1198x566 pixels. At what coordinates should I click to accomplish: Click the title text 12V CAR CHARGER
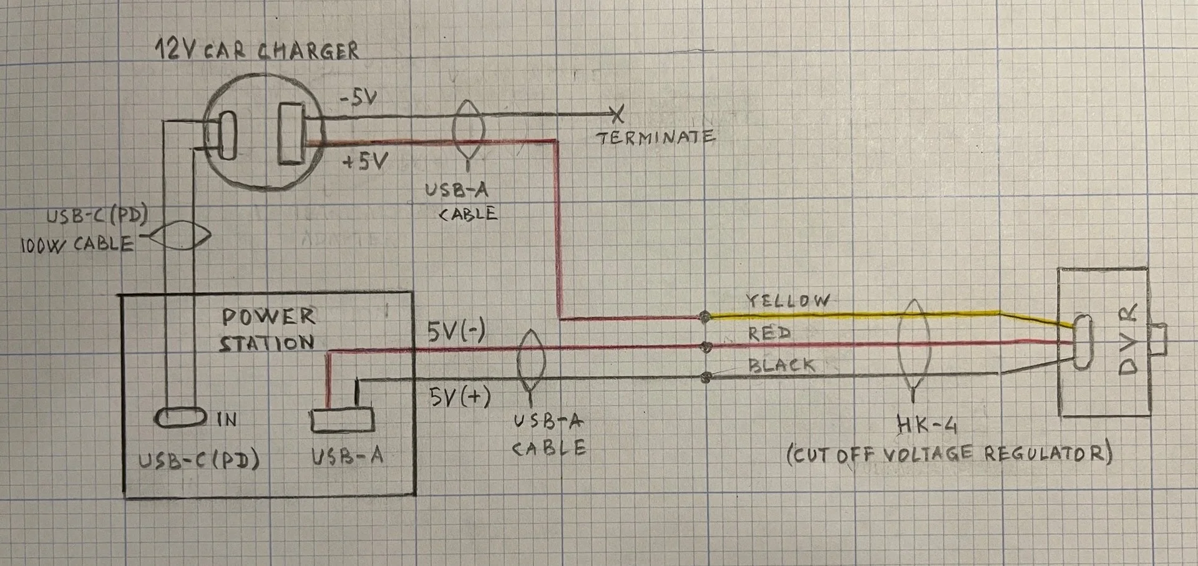(x=257, y=49)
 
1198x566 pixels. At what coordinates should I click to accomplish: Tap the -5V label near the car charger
(x=358, y=98)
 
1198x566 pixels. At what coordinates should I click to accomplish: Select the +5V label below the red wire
(x=365, y=162)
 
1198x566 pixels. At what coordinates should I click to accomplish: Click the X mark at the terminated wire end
(x=617, y=114)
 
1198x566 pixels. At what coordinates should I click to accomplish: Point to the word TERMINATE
(x=656, y=137)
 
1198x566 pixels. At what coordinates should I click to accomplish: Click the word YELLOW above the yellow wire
(x=789, y=301)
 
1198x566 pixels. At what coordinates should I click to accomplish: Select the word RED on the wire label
(x=770, y=333)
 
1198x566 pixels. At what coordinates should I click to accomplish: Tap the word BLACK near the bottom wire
(x=782, y=364)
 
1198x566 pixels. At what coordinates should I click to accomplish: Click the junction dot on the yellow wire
(x=705, y=317)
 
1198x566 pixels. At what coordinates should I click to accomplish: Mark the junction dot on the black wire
(x=706, y=377)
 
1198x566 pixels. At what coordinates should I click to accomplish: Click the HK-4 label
(x=927, y=425)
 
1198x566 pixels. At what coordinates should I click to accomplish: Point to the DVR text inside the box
(x=1128, y=339)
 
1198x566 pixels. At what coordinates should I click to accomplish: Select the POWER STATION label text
(x=268, y=329)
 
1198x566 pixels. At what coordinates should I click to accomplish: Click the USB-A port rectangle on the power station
(x=343, y=419)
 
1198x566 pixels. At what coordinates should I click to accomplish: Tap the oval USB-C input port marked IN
(x=181, y=417)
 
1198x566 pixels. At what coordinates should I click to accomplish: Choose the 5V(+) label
(x=460, y=397)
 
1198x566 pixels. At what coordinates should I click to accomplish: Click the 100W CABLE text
(x=77, y=244)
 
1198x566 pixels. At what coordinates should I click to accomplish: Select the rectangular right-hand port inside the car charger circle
(x=291, y=134)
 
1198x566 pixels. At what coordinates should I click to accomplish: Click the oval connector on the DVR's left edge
(x=1083, y=342)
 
